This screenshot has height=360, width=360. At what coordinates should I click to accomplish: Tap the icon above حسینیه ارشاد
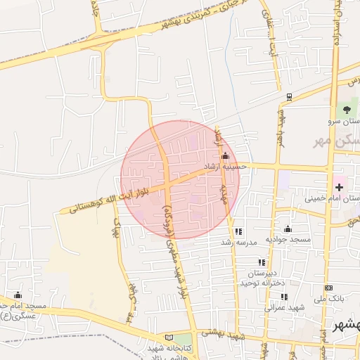(x=225, y=156)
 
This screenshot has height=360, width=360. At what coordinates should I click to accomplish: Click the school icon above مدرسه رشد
(x=238, y=231)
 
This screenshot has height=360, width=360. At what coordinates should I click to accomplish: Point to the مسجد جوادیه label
(x=288, y=240)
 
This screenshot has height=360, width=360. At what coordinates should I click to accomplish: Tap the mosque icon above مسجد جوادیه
(x=288, y=229)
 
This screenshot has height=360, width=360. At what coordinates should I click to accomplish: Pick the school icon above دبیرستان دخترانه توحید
(x=262, y=262)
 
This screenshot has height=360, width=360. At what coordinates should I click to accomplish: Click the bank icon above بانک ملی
(x=328, y=288)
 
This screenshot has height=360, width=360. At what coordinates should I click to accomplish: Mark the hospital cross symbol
(x=340, y=186)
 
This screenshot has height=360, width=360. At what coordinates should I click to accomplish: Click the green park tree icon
(x=345, y=110)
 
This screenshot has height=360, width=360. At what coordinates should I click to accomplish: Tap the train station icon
(x=289, y=97)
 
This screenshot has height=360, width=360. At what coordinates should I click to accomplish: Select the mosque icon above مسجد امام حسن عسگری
(x=18, y=295)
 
